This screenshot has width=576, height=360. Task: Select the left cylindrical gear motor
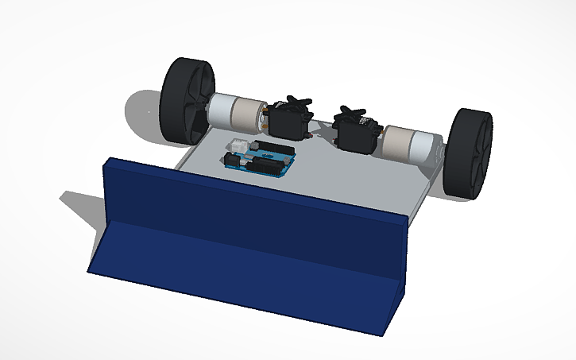coord(236,113)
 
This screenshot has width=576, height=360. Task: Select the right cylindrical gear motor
coord(408,143)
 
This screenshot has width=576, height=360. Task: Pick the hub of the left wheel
coord(194,103)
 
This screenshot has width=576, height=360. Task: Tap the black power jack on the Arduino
coord(232,160)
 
